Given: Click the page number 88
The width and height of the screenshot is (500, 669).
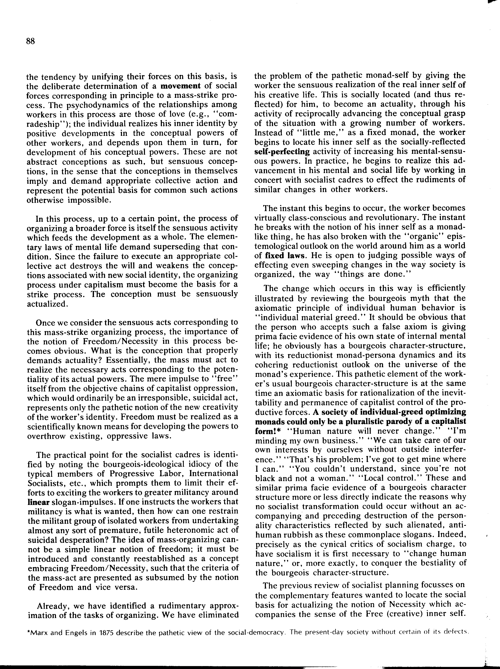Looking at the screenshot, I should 30,41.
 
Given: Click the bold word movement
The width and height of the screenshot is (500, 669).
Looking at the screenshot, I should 180,86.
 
